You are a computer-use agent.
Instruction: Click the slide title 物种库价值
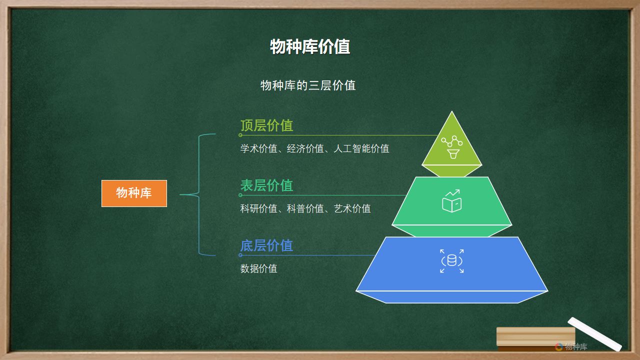tap(310, 46)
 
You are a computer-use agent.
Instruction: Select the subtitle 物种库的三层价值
tap(308, 85)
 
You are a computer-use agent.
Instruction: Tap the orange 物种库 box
tap(134, 193)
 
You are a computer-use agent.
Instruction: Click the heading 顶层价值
tap(267, 125)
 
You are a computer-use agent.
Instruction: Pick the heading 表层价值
tap(267, 185)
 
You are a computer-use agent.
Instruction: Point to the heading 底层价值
tap(267, 245)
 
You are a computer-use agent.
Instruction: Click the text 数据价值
tap(259, 268)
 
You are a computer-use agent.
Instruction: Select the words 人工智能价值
tap(361, 148)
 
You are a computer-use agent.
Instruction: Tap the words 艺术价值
tap(352, 208)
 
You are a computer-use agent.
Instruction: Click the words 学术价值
tap(259, 148)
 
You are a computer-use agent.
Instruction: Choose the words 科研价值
tap(259, 208)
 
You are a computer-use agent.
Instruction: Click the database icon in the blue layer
tap(451, 261)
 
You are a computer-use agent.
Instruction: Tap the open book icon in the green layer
tap(451, 204)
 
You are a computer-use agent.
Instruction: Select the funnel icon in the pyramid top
tap(453, 153)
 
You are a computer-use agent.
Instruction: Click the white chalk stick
tap(594, 334)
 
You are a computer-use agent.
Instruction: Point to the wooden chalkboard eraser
tap(535, 339)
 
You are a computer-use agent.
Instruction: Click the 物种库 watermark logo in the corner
tap(571, 346)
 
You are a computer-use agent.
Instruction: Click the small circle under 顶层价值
tap(240, 135)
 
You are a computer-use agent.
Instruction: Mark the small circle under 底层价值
tap(240, 255)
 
